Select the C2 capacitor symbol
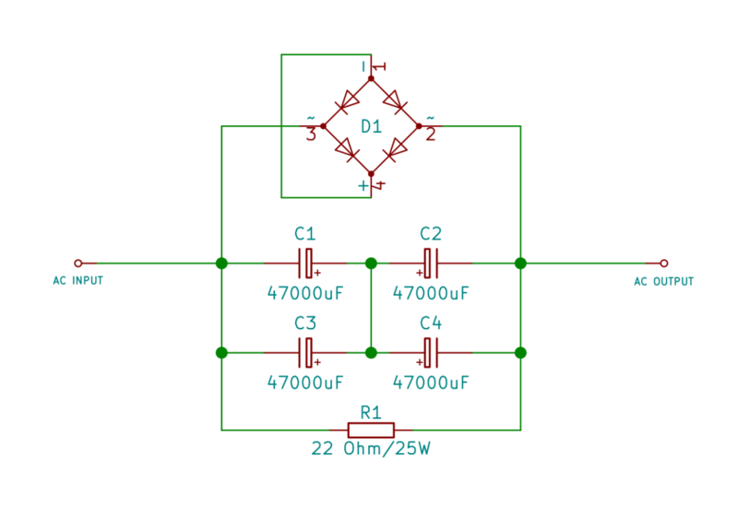(x=431, y=263)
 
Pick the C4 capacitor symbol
(x=431, y=352)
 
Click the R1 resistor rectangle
(x=371, y=429)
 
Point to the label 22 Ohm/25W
(x=370, y=450)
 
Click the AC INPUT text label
(x=78, y=281)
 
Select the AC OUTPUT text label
(x=663, y=281)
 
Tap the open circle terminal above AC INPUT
(x=78, y=263)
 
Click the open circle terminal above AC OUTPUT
(x=663, y=263)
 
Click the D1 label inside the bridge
(x=371, y=126)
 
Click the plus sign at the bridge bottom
(x=363, y=186)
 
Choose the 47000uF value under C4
(x=431, y=381)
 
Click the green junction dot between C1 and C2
(x=371, y=263)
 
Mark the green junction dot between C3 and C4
(x=371, y=352)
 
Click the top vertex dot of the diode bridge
(x=371, y=79)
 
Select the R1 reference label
(x=371, y=412)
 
